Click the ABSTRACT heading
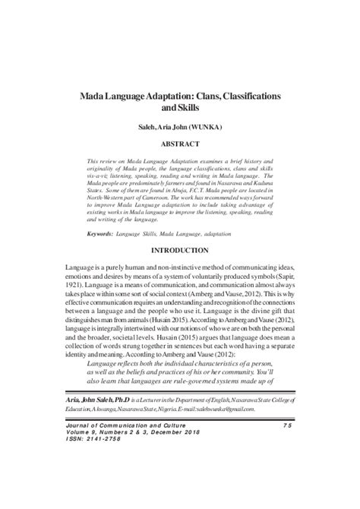tap(179, 142)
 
